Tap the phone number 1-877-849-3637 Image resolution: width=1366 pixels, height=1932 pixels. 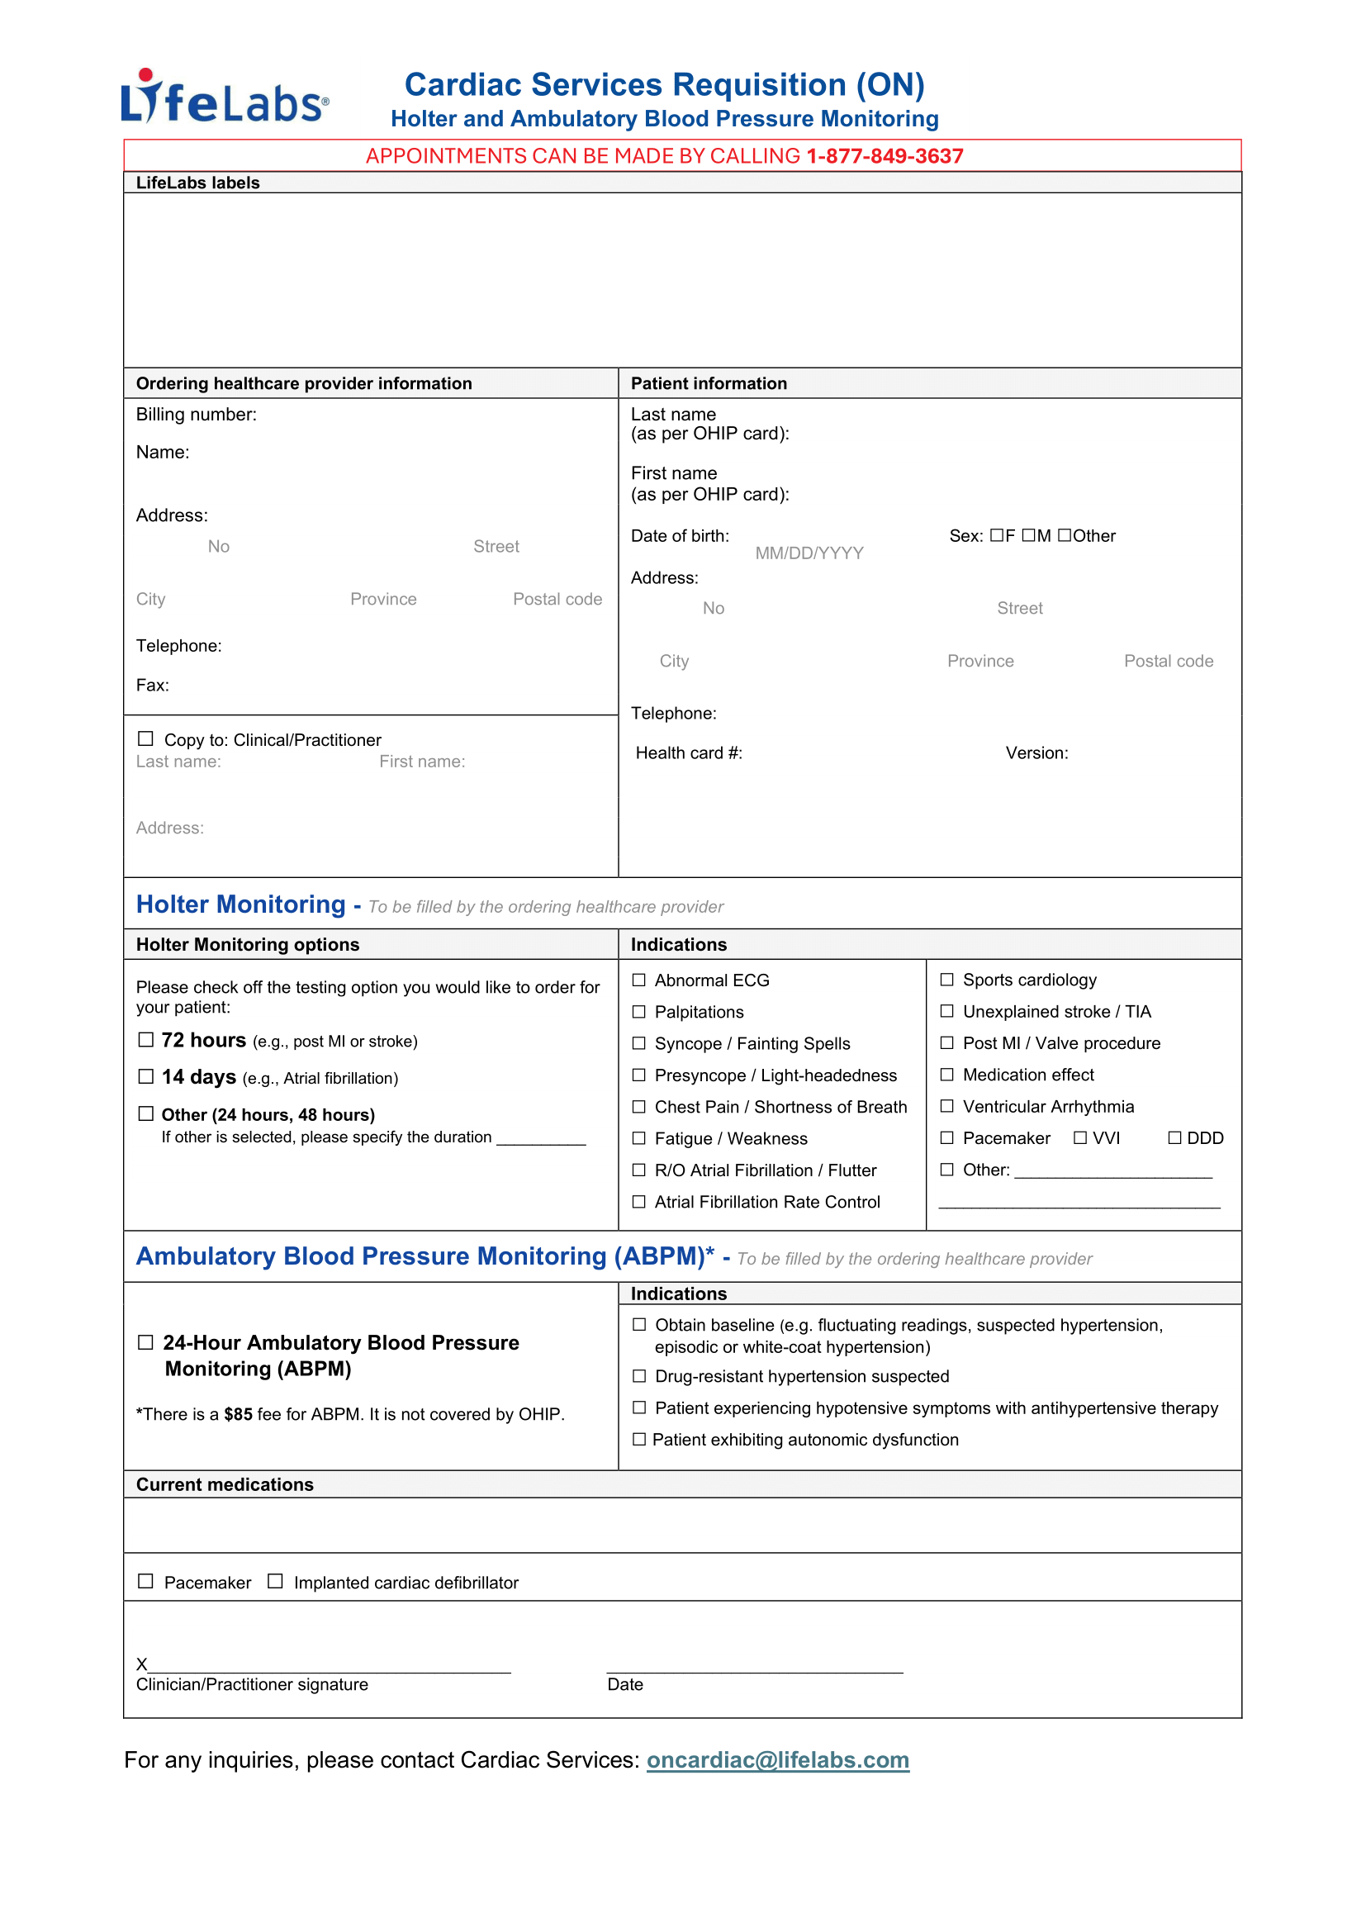884,156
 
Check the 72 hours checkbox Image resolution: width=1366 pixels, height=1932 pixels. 146,1040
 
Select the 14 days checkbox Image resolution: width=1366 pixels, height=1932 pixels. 146,1077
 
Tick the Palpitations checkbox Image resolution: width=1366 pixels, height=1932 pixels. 639,1013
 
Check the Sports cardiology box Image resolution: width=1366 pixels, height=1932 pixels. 947,980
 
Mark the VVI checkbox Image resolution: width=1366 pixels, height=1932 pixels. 1080,1138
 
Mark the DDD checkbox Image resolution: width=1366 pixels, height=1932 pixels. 1175,1138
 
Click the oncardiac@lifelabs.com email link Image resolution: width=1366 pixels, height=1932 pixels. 777,1760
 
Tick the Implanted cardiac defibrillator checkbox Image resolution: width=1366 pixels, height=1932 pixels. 275,1582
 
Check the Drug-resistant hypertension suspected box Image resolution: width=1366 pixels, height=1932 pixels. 639,1377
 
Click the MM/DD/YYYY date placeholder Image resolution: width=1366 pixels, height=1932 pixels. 809,553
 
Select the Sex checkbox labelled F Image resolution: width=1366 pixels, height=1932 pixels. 997,536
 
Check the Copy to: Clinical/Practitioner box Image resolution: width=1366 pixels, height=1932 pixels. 145,738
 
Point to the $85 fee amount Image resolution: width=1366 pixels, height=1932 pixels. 238,1414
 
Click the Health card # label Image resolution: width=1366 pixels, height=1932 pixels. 689,753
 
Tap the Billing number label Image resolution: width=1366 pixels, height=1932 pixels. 196,415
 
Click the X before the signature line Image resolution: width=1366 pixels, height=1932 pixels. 141,1664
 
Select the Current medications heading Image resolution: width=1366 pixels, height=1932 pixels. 225,1485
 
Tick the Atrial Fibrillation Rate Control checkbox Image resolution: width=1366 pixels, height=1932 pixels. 639,1203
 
